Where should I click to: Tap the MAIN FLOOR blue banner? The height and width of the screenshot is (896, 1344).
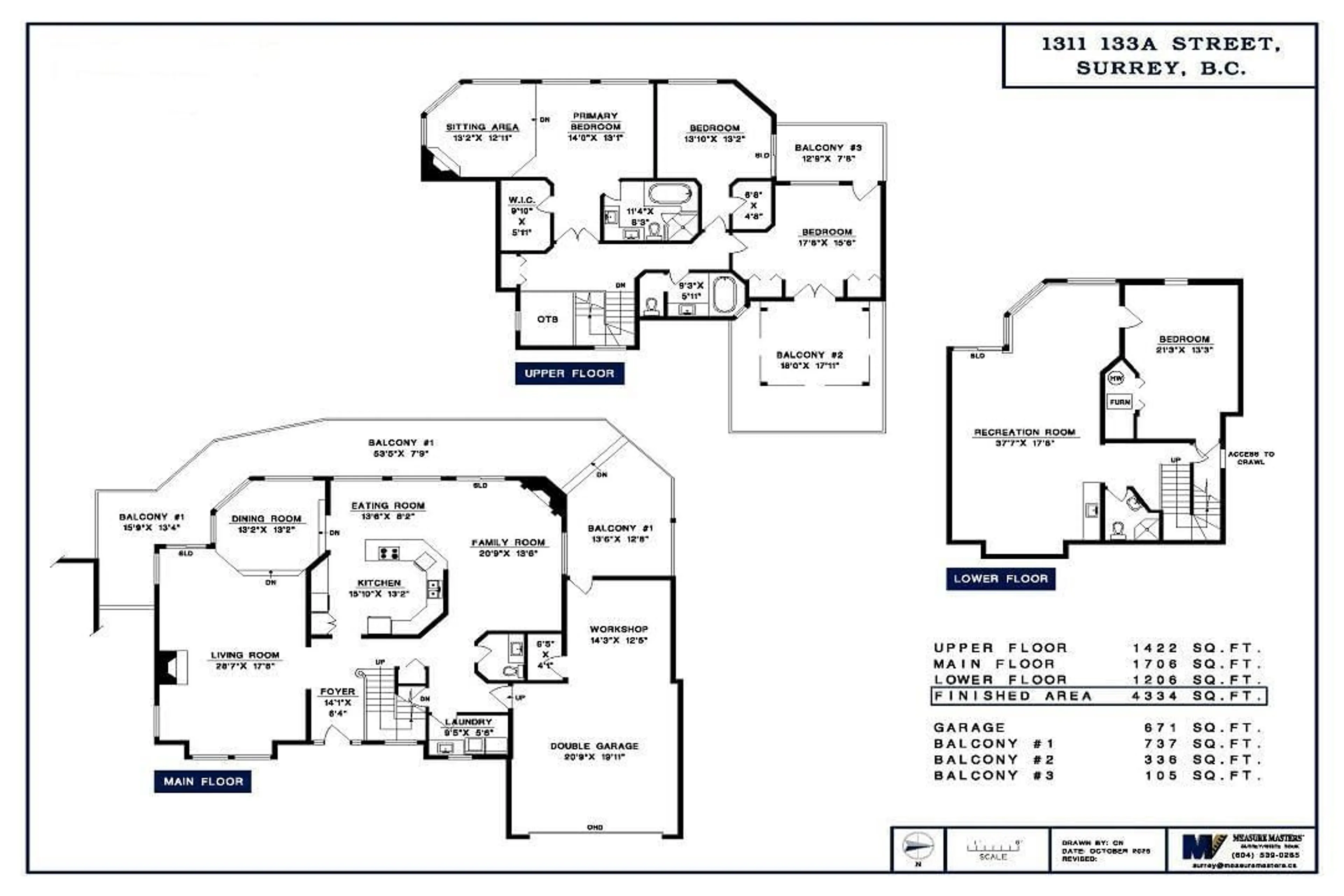click(x=203, y=781)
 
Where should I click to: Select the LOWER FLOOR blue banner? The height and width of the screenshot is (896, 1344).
click(x=1001, y=579)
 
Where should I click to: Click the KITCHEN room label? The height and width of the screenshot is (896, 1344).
click(x=379, y=583)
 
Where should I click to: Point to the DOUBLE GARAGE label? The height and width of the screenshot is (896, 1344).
click(x=594, y=746)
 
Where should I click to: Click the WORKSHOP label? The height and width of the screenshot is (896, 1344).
click(x=619, y=629)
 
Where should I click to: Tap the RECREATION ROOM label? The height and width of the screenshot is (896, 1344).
click(x=1024, y=433)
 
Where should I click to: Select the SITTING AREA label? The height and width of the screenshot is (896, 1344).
click(x=482, y=127)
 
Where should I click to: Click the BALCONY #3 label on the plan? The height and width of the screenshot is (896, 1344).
click(x=828, y=147)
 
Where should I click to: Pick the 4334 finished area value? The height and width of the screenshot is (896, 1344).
click(x=1155, y=696)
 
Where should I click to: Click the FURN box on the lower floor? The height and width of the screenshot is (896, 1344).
click(x=1119, y=402)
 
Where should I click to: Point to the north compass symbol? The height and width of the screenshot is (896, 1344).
click(x=918, y=846)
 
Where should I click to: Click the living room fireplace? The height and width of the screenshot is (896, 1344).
click(x=170, y=667)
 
